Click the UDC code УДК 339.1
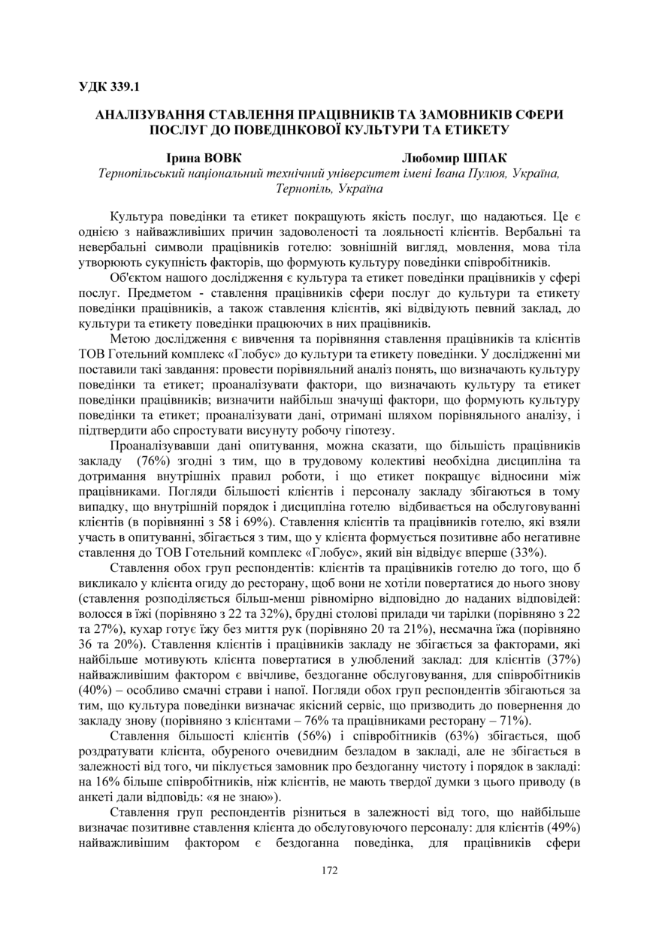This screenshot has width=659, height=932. (110, 86)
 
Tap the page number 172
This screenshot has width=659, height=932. (329, 870)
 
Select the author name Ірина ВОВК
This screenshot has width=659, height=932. (204, 159)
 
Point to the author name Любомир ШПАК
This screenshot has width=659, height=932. (454, 159)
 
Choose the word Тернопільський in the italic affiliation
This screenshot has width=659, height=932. (144, 173)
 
